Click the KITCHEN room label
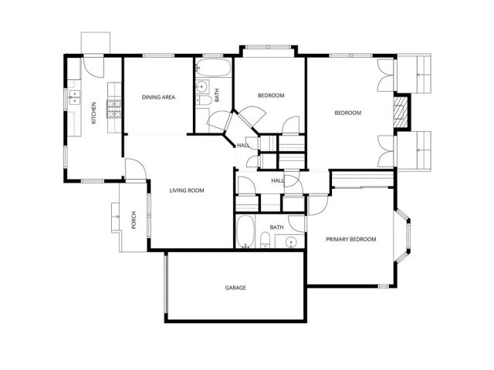click(x=94, y=113)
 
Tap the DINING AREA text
click(x=157, y=97)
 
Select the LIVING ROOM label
click(x=187, y=190)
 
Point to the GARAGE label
click(x=235, y=288)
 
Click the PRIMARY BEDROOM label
click(x=350, y=240)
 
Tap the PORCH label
click(x=134, y=220)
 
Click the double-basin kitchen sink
click(x=74, y=97)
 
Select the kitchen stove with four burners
click(x=113, y=109)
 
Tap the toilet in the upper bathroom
click(x=205, y=101)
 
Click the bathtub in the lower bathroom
click(x=245, y=231)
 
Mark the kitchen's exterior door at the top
click(x=93, y=65)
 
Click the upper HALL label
click(x=242, y=145)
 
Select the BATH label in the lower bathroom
click(x=276, y=227)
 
